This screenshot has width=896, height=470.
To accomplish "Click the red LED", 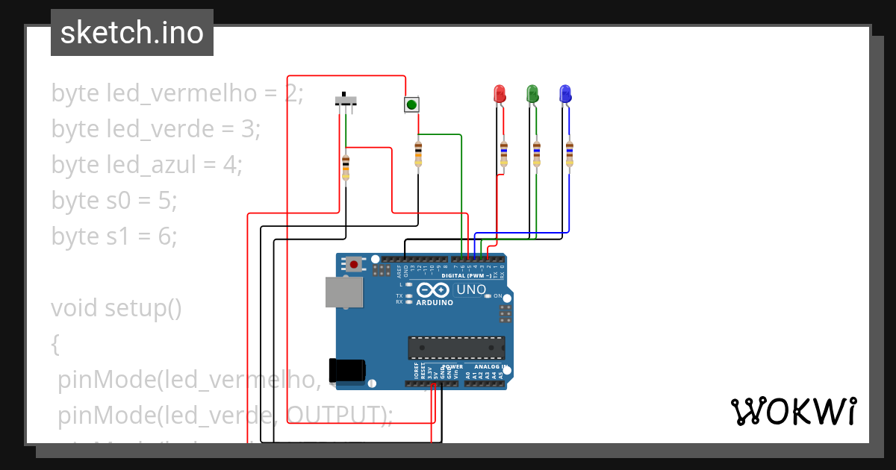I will click(500, 94).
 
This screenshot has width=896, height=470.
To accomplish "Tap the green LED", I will click(532, 94).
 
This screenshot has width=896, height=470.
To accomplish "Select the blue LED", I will click(565, 94).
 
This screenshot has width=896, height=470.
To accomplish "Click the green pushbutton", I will click(411, 104).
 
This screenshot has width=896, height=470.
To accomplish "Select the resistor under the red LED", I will click(503, 153).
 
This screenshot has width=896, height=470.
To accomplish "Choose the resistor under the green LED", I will click(536, 153).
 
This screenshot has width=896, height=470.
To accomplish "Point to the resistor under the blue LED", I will click(569, 153).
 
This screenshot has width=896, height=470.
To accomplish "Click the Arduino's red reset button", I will click(353, 264).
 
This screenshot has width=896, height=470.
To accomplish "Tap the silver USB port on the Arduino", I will click(343, 292).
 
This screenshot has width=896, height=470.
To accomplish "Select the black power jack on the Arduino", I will click(347, 371).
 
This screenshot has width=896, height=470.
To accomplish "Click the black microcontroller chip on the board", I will click(455, 348).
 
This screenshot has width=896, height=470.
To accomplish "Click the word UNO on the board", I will click(471, 289).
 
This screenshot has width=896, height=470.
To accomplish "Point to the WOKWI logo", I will click(793, 411).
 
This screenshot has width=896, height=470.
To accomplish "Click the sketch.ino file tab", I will click(132, 33).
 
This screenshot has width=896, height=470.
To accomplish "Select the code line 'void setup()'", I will click(116, 307).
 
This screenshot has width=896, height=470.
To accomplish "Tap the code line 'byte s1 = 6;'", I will click(114, 236).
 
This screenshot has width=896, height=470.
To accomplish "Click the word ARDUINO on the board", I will click(434, 303).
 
